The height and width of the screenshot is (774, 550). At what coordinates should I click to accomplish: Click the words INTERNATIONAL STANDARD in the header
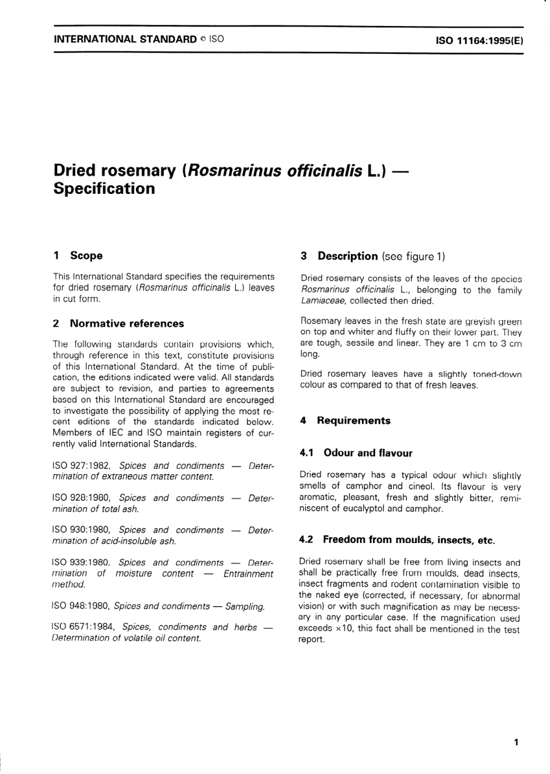pyautogui.click(x=125, y=40)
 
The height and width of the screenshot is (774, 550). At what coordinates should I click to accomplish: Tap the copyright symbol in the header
pyautogui.click(x=203, y=40)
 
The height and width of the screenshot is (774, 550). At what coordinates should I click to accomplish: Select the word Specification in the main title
pyautogui.click(x=104, y=189)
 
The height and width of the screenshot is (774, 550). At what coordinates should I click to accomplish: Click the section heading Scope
pyautogui.click(x=86, y=256)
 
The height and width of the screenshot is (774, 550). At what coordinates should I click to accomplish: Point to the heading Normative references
pyautogui.click(x=127, y=324)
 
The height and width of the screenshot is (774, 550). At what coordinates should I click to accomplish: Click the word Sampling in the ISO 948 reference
pyautogui.click(x=244, y=607)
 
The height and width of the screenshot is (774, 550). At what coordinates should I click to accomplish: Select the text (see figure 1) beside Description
pyautogui.click(x=413, y=257)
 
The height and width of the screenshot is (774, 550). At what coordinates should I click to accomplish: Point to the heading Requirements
pyautogui.click(x=353, y=421)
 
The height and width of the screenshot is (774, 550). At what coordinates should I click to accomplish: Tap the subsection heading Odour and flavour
pyautogui.click(x=368, y=453)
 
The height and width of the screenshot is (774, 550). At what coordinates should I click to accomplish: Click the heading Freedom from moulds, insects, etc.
pyautogui.click(x=409, y=540)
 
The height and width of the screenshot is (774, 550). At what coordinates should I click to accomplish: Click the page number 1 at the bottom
pyautogui.click(x=516, y=742)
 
